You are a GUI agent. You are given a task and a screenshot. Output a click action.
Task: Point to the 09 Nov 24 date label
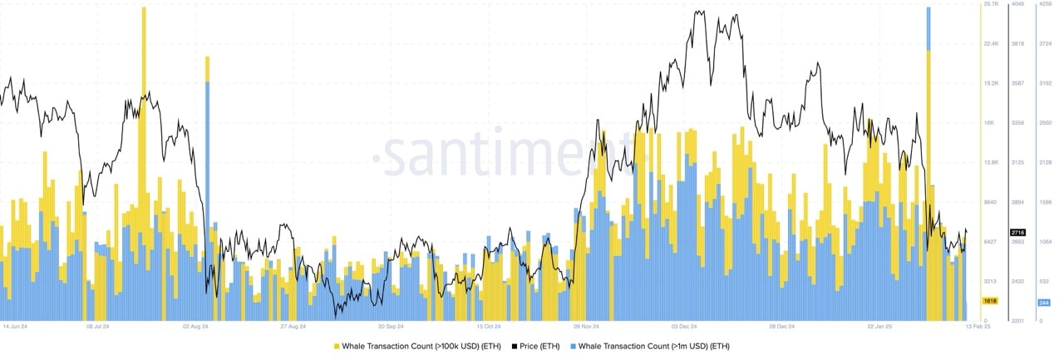click(586, 327)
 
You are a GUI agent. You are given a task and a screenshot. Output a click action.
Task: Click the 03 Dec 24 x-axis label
click(685, 327)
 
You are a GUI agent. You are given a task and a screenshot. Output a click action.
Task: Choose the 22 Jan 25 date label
click(881, 327)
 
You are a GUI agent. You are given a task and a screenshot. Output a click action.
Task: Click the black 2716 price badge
click(1018, 232)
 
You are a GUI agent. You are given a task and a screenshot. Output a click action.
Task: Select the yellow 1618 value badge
click(990, 301)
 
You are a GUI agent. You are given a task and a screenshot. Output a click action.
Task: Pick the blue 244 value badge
click(1045, 303)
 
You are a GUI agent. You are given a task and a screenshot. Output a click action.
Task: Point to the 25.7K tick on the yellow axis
click(991, 4)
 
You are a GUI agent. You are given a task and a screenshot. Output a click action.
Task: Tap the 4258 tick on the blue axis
click(1045, 4)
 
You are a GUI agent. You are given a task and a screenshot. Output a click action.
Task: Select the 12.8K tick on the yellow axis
click(991, 163)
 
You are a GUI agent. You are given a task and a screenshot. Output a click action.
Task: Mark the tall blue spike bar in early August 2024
click(208, 183)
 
